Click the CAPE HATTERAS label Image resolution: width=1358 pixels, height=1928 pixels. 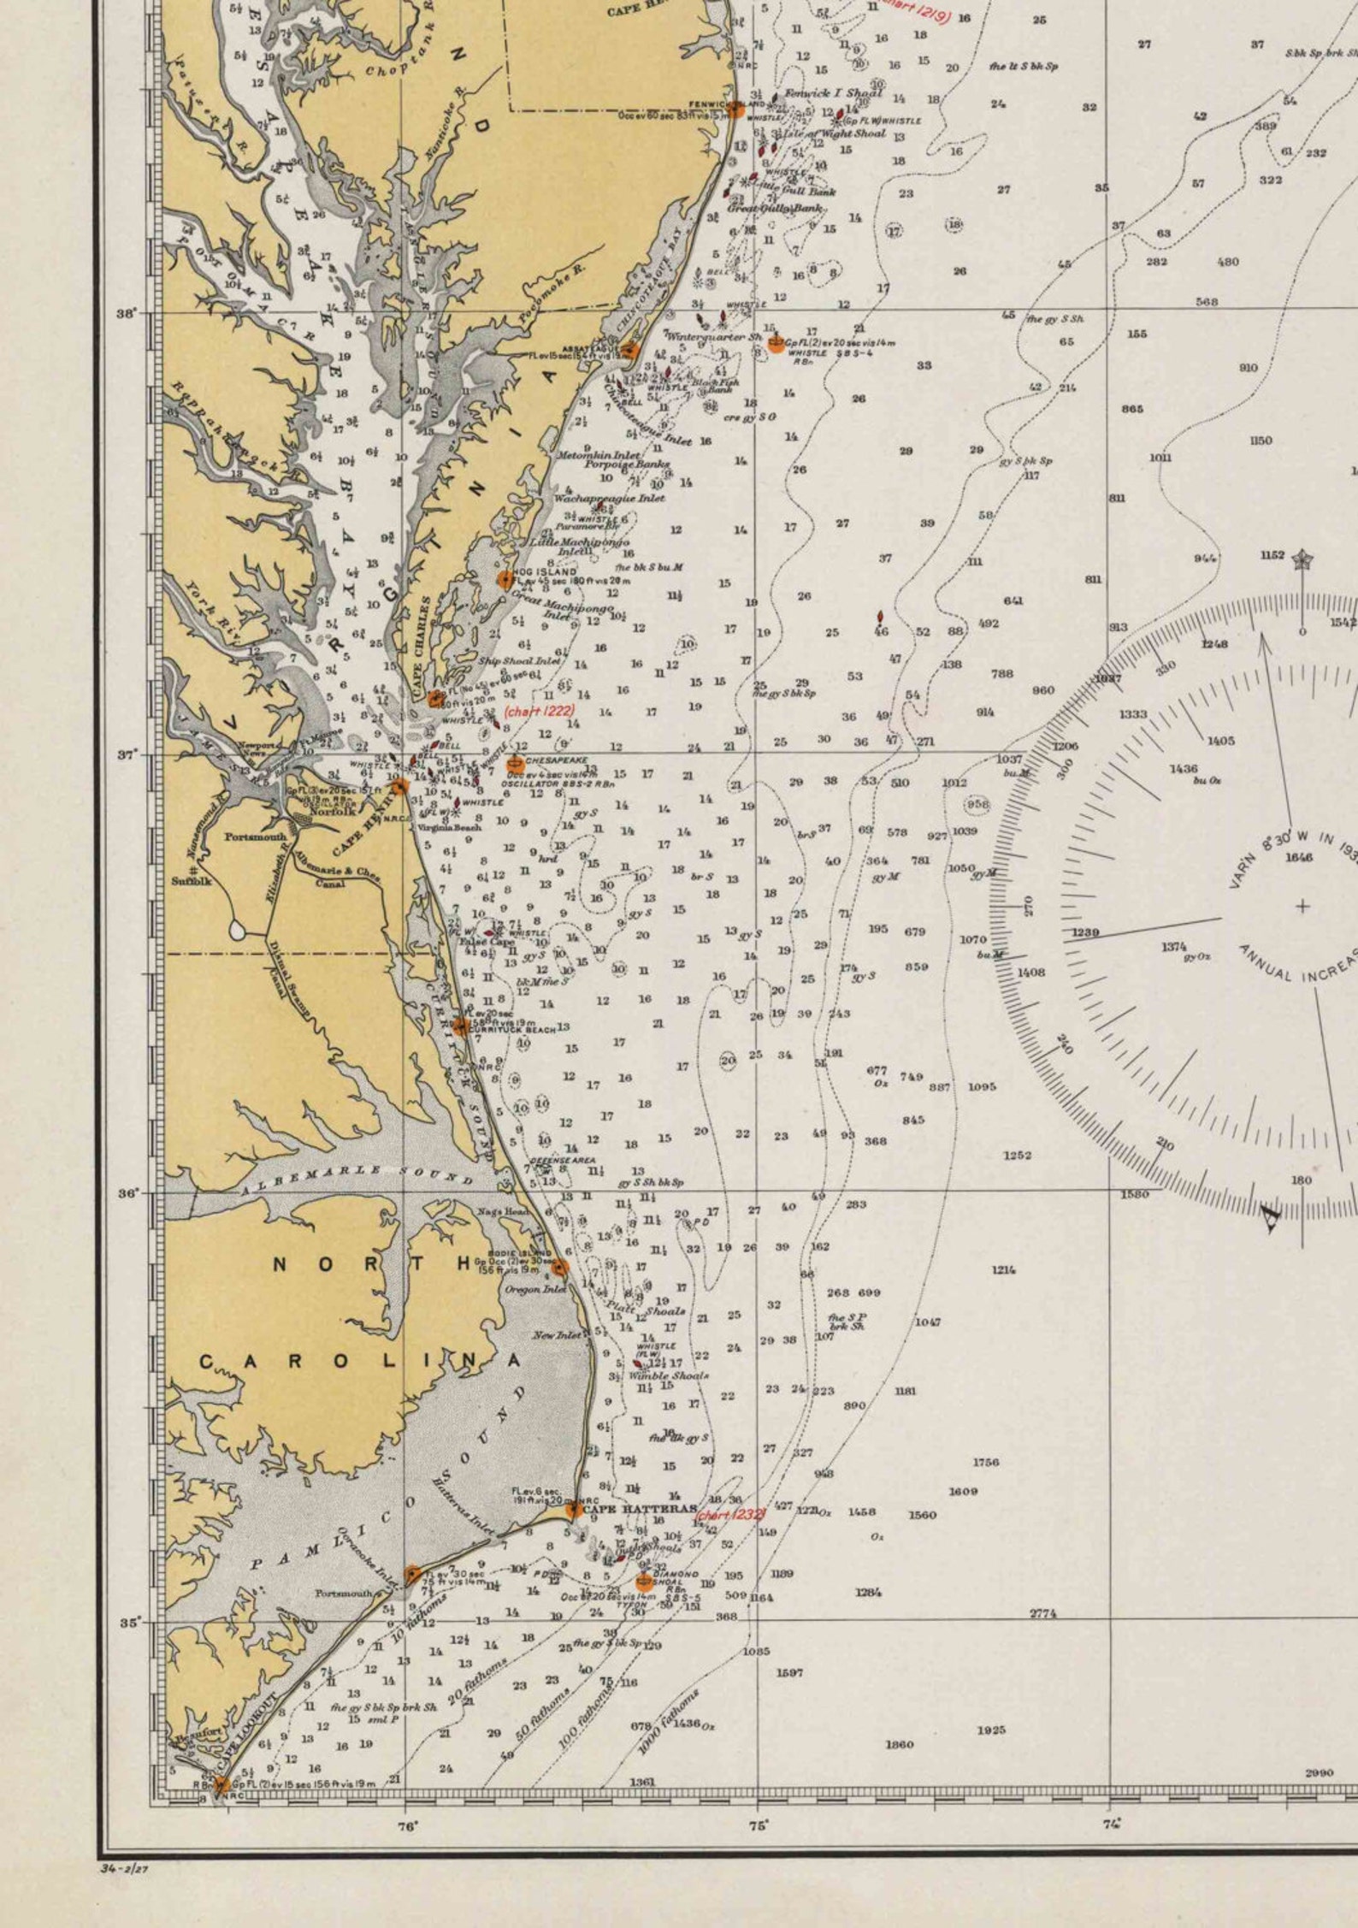click(639, 1508)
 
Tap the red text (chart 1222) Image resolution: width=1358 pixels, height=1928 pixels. click(539, 710)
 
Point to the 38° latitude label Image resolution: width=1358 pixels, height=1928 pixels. click(127, 313)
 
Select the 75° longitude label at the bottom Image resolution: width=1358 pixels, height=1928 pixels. click(759, 1825)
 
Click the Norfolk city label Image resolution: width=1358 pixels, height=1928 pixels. click(332, 812)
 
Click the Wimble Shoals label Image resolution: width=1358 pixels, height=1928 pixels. click(669, 1376)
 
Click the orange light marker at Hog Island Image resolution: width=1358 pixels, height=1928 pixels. click(505, 579)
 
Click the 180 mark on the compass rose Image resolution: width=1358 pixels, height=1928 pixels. click(1301, 1180)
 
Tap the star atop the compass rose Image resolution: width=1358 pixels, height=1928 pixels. click(1302, 560)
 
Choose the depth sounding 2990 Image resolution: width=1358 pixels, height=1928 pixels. click(1319, 1772)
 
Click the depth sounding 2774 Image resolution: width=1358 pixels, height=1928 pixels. click(1042, 1613)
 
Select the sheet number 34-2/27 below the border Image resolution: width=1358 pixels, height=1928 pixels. click(125, 1868)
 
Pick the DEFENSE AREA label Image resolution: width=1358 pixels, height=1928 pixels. click(563, 1160)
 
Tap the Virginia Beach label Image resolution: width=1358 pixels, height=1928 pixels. click(450, 827)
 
